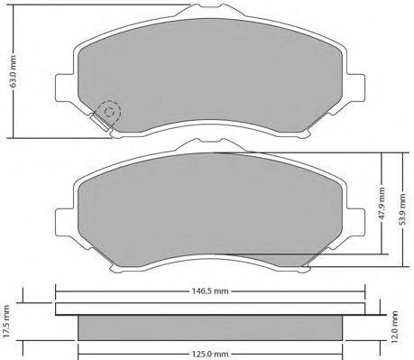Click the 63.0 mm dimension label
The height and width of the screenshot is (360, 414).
coord(13,71)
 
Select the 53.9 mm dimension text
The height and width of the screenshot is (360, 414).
coord(403,209)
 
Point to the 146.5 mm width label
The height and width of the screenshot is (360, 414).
coord(210,291)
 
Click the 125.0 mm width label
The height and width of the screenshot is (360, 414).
coord(210,355)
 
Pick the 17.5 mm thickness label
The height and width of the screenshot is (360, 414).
coord(6,321)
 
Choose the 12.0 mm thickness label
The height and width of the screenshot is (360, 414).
coord(394,328)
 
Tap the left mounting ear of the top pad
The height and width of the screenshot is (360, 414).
coord(64,88)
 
